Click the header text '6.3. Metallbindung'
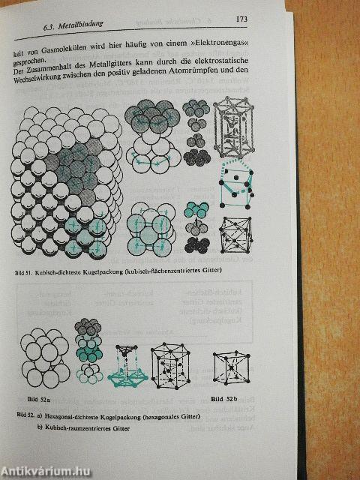coord(74,28)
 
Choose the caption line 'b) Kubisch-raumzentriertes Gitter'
coord(82,427)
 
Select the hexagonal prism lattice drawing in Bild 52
coord(171,365)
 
